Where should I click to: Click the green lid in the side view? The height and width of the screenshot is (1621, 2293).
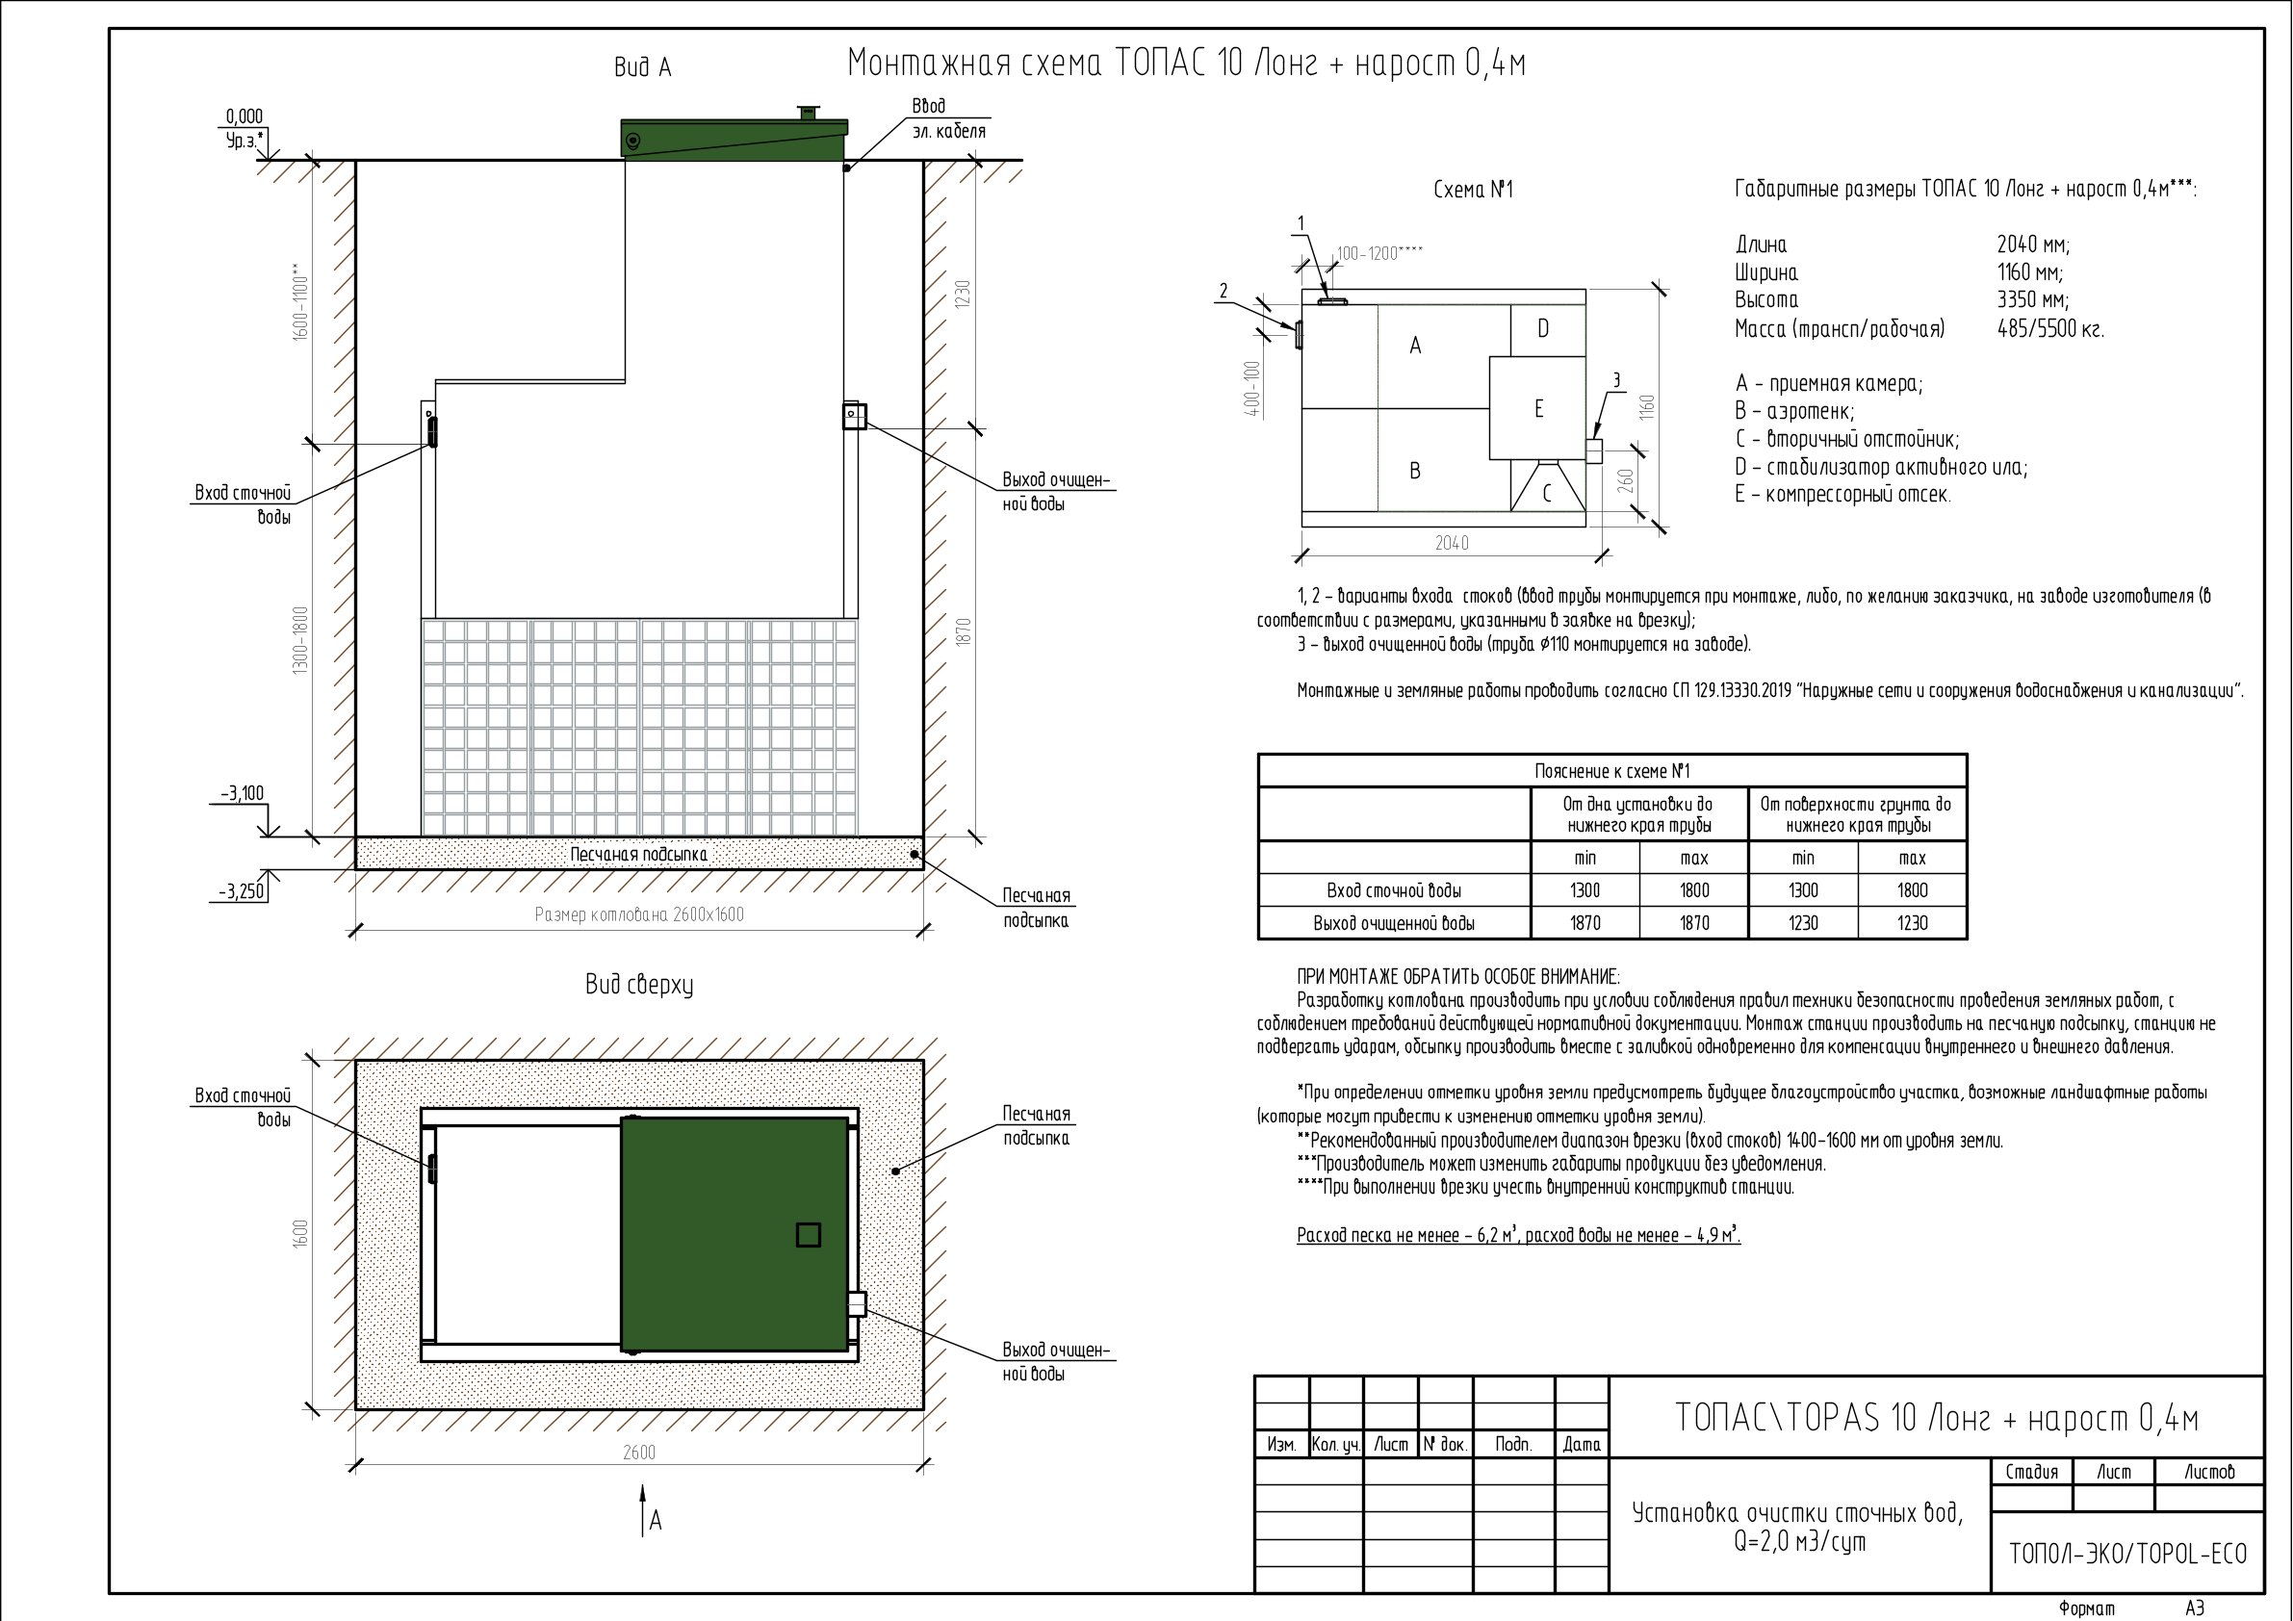(x=734, y=139)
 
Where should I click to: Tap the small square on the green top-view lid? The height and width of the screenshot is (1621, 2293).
(x=808, y=1234)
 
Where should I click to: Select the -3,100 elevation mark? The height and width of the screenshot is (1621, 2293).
(x=243, y=794)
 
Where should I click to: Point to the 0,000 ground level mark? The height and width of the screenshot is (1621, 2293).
(x=245, y=116)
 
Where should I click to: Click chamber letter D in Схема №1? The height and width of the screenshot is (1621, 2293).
(x=1543, y=328)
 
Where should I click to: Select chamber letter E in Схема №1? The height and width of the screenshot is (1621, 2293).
(x=1539, y=408)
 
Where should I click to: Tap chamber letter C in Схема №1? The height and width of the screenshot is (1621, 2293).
(x=1547, y=493)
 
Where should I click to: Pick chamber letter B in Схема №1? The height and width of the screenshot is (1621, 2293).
(x=1414, y=471)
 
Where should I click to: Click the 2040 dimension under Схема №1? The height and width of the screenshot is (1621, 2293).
(x=1452, y=543)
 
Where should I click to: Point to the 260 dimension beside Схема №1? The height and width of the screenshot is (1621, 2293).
(x=1626, y=480)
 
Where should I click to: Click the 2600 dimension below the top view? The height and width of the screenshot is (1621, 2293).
(x=639, y=1453)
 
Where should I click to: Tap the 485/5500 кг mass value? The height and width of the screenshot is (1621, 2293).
(x=2050, y=328)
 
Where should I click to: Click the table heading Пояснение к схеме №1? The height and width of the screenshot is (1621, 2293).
(x=1611, y=771)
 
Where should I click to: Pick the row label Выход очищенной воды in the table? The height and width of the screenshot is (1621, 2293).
(x=1394, y=923)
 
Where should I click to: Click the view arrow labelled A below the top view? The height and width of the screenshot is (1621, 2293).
(x=644, y=1509)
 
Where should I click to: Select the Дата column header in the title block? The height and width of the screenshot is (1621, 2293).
(x=1582, y=1444)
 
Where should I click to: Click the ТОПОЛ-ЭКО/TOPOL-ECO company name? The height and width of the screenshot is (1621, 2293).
(x=2128, y=1554)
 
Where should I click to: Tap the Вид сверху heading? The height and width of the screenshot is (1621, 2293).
(x=639, y=985)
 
